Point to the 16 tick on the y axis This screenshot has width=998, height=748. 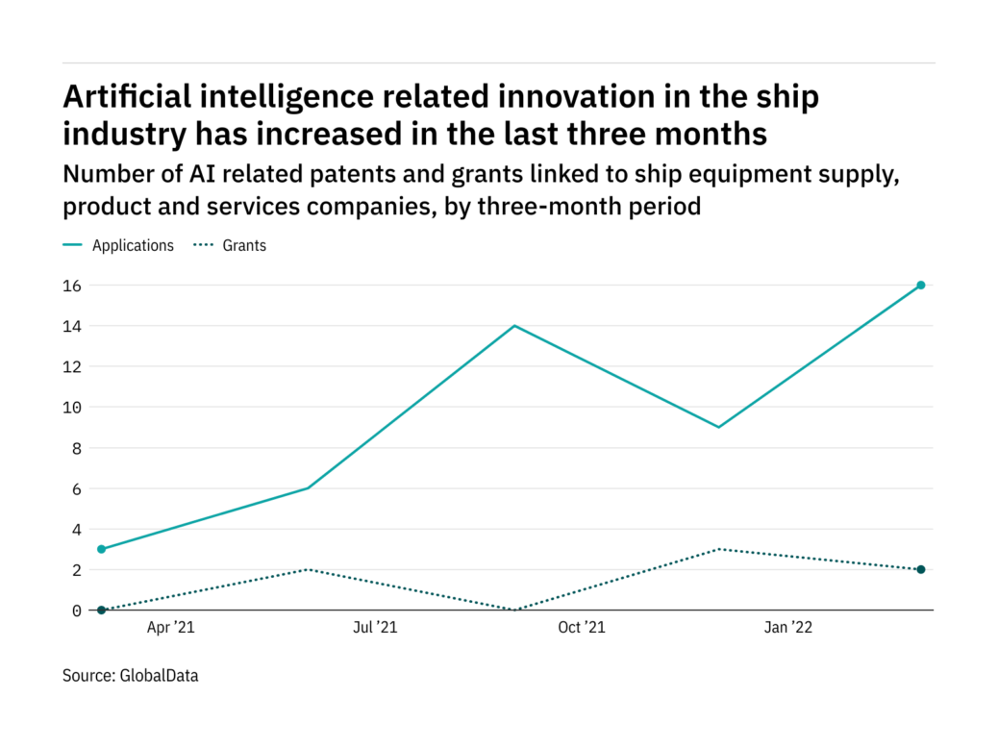(x=73, y=286)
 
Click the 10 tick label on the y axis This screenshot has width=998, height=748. (x=73, y=407)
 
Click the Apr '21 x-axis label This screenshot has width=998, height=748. (x=170, y=628)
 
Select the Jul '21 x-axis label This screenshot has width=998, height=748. (x=374, y=628)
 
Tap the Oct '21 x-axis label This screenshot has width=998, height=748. (x=582, y=628)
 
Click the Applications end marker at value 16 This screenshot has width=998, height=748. (x=920, y=285)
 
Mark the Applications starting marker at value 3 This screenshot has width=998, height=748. (x=101, y=549)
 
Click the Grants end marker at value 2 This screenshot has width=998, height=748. (x=920, y=569)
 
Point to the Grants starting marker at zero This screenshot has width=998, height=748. (x=101, y=610)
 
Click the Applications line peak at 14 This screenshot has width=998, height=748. (x=515, y=326)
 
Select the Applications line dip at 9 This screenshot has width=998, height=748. (x=718, y=427)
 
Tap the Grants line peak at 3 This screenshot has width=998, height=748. (x=718, y=549)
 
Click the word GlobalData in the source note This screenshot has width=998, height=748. (x=159, y=676)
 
